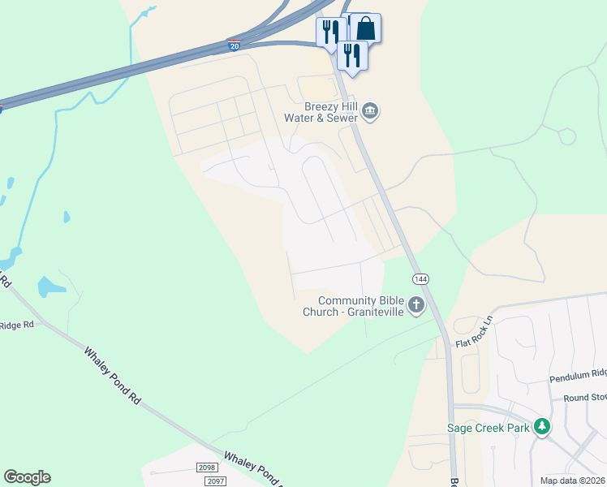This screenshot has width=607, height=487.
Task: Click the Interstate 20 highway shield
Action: coord(234,45)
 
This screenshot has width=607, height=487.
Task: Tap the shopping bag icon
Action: coord(366,28)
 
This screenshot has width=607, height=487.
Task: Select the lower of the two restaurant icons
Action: coord(352,55)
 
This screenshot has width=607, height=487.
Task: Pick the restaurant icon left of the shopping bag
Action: coord(330,32)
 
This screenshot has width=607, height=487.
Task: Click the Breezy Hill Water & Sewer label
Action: coord(320,112)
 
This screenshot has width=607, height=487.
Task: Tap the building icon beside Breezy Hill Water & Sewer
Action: coord(370,110)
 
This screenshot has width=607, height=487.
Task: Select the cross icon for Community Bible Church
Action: coord(416,305)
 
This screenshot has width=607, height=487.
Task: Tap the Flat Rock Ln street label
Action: coord(475,332)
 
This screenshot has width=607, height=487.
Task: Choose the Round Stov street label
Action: coord(585,399)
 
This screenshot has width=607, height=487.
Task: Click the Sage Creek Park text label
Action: coord(488,428)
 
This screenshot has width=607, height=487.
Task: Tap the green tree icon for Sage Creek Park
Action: coord(541,427)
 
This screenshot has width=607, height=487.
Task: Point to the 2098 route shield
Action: coord(208,468)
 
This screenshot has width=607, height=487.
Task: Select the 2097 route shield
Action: coord(214,481)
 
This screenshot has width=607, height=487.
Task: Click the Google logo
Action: coord(27,477)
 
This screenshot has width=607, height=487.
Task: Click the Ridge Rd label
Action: coord(17,325)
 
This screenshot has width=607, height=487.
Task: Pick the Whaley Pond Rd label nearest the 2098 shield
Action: coord(253,469)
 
